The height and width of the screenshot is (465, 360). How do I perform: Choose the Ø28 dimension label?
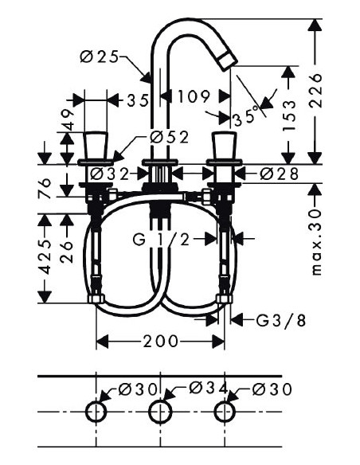point(276,172)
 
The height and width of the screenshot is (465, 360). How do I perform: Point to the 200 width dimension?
point(160,342)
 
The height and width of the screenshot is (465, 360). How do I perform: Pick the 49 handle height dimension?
point(68,119)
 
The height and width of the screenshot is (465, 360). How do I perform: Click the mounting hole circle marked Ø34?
point(160,412)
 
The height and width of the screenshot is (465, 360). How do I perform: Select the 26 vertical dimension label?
point(68,252)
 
